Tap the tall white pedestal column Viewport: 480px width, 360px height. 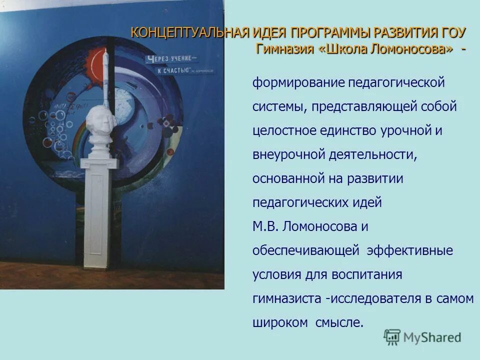[99, 215]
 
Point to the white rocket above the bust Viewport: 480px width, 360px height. [106, 75]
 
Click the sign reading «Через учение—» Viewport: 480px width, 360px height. [170, 59]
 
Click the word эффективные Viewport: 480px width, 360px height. [410, 250]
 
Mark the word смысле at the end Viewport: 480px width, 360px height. [338, 322]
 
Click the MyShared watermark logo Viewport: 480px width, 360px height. [423, 337]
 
